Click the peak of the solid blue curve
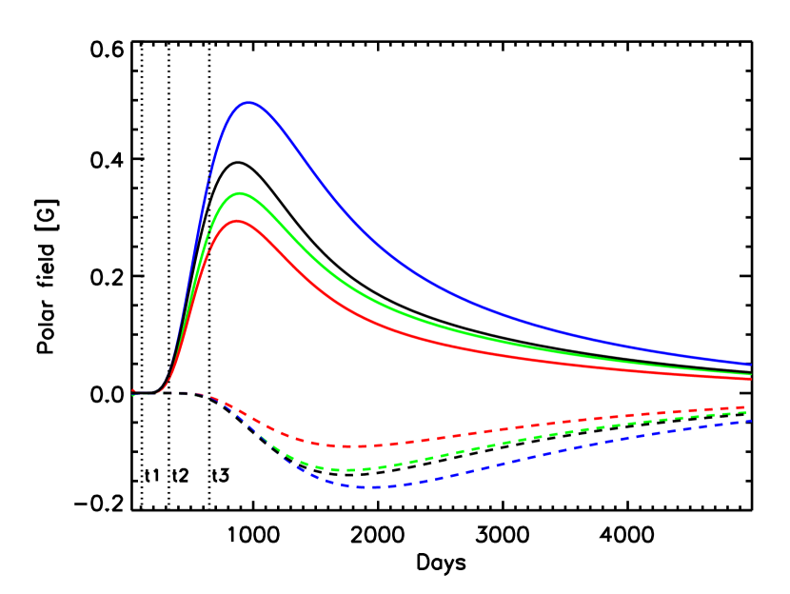pyautogui.click(x=249, y=102)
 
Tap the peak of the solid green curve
pyautogui.click(x=241, y=193)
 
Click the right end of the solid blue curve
pyautogui.click(x=750, y=365)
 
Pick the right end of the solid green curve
pyautogui.click(x=750, y=374)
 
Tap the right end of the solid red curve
pyautogui.click(x=750, y=378)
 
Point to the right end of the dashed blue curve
pyautogui.click(x=750, y=420)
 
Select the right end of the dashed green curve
pyautogui.click(x=745, y=413)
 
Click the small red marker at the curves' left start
pyautogui.click(x=133, y=390)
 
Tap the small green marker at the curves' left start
pyautogui.click(x=134, y=395)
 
